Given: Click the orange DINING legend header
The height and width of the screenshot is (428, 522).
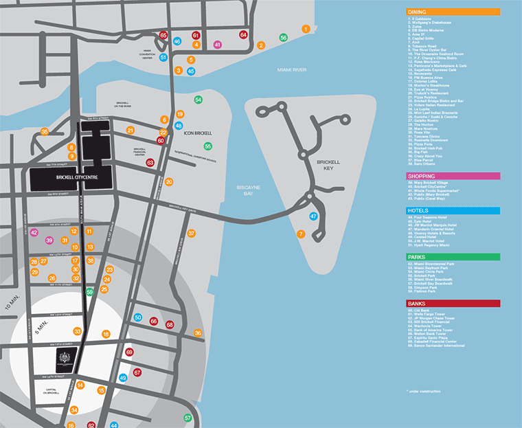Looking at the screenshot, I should click(453, 12).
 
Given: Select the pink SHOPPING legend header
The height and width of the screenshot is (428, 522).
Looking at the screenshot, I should click(453, 176).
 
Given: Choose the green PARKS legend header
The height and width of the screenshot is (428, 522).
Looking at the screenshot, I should click(453, 256).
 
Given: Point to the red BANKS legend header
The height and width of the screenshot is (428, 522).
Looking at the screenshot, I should click(453, 303).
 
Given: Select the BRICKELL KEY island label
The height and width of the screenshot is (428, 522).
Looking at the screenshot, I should click(328, 165).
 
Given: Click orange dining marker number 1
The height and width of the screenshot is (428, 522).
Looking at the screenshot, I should click(306, 29).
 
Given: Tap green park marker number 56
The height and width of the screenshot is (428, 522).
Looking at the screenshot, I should click(283, 38).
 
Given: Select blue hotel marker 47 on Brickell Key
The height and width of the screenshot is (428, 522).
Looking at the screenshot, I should click(313, 216).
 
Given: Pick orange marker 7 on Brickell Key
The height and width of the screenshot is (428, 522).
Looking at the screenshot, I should click(300, 234).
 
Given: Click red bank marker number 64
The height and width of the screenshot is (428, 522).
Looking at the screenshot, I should click(243, 34).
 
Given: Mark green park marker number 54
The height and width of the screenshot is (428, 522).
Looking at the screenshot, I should click(198, 100).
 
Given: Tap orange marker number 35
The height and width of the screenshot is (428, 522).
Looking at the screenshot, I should click(45, 132).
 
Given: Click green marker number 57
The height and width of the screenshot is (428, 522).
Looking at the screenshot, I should click(188, 418).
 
